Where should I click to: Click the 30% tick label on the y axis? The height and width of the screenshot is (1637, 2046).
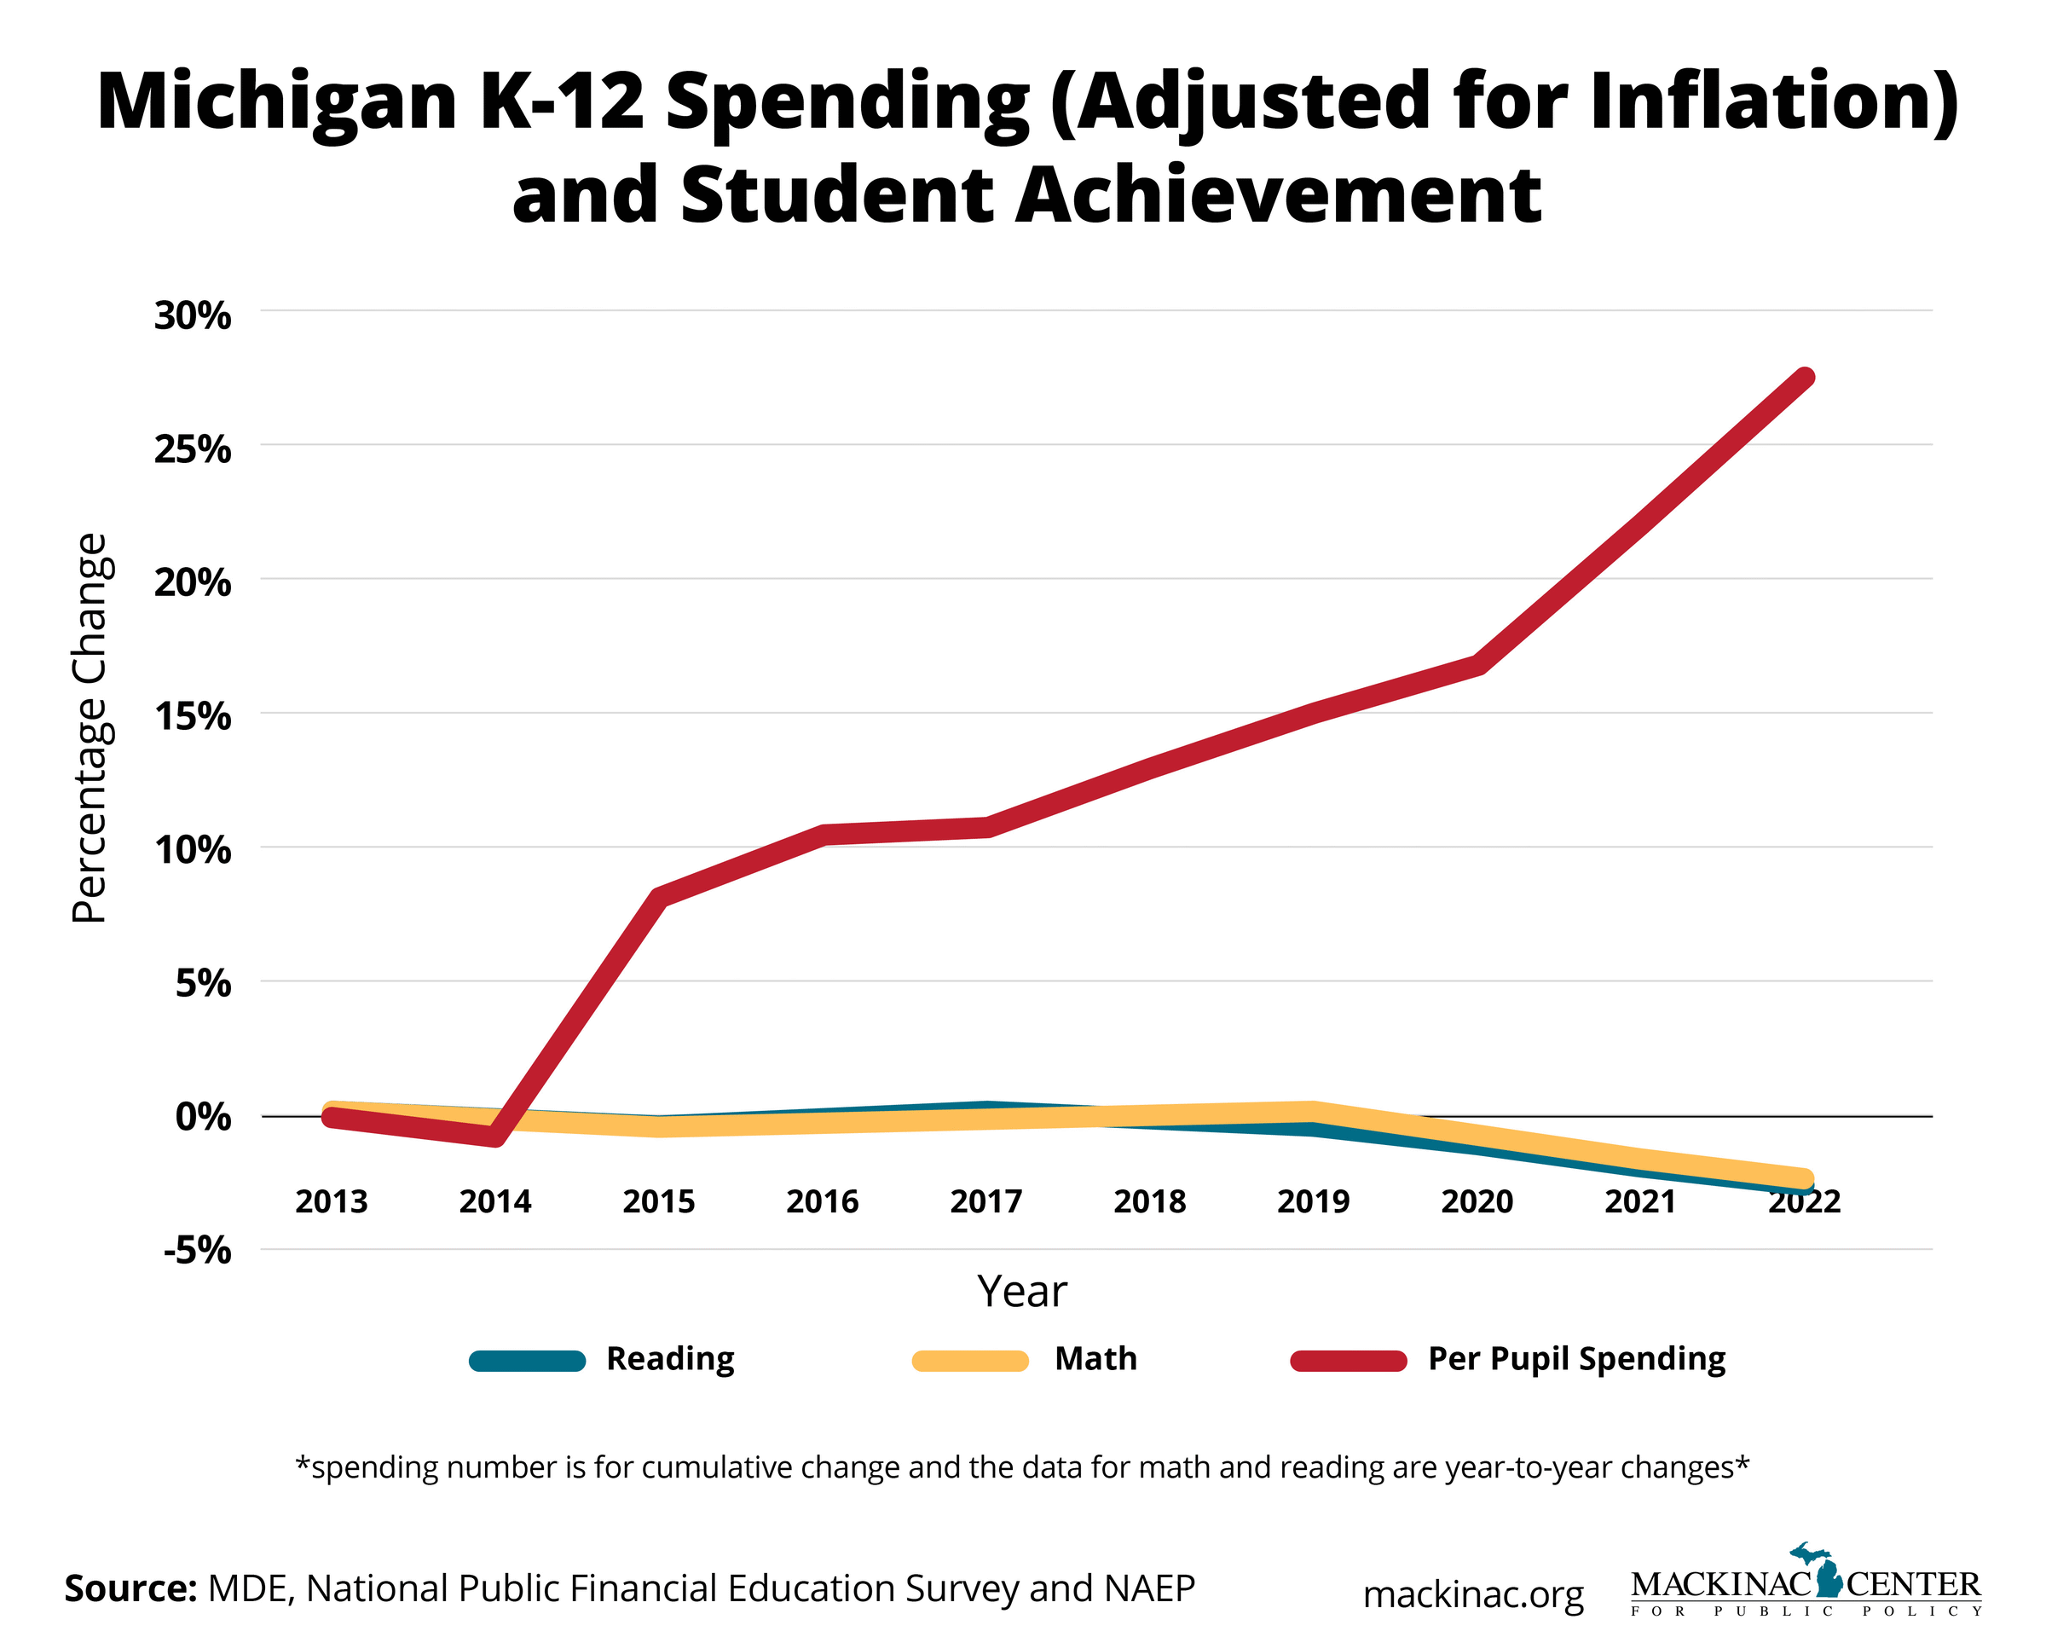[x=192, y=316]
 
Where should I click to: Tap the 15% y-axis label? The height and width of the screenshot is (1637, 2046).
[x=192, y=716]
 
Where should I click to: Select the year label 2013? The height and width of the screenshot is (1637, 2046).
[x=331, y=1201]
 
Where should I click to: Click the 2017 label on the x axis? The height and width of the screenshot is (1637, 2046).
[x=986, y=1201]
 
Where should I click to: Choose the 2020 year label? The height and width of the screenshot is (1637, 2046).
[x=1477, y=1201]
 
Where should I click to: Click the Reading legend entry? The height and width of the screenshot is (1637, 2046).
[x=669, y=1359]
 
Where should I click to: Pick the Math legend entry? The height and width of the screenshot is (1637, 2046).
[x=1095, y=1359]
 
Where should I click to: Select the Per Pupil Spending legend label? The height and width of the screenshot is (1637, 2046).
[x=1575, y=1359]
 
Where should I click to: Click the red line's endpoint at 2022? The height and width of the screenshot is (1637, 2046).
[x=1804, y=378]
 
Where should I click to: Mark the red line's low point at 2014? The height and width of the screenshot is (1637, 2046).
[x=495, y=1136]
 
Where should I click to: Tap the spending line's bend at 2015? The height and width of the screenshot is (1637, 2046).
[x=660, y=896]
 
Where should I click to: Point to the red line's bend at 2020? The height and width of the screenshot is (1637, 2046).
[x=1477, y=664]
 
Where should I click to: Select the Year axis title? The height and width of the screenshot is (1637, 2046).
[x=1022, y=1292]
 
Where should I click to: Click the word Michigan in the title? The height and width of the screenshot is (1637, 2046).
[x=277, y=102]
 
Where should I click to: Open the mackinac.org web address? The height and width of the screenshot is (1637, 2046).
[x=1473, y=1594]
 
